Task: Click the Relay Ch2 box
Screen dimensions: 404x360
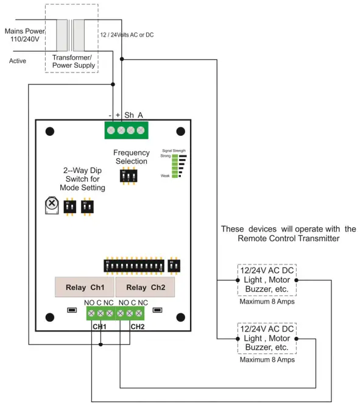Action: click(x=145, y=288)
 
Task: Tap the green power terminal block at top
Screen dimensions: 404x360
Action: click(x=125, y=130)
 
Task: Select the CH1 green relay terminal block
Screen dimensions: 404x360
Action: click(x=100, y=313)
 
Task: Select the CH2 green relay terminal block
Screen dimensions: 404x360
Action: click(x=130, y=313)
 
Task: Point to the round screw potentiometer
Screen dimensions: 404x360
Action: click(x=52, y=203)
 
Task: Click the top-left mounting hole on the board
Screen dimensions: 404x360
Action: click(x=51, y=131)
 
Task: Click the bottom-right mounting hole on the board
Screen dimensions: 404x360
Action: click(x=181, y=317)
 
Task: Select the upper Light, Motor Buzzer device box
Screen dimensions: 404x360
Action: click(x=267, y=281)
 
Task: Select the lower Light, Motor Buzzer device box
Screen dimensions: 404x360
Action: click(x=267, y=339)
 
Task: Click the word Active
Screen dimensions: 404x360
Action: click(x=18, y=61)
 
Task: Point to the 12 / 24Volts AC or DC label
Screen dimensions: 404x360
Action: click(x=127, y=35)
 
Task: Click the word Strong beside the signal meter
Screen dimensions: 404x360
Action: click(x=164, y=156)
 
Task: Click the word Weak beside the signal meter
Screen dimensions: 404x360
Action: click(x=165, y=175)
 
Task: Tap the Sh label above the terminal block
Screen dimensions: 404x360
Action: click(x=129, y=115)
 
